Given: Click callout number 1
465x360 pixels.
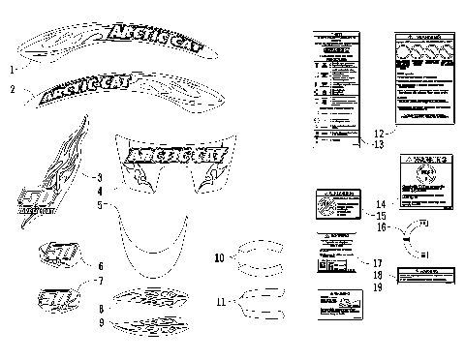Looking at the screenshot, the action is (12, 70).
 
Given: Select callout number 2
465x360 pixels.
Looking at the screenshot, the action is (13, 90).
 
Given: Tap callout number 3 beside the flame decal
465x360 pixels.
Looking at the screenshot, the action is (99, 177).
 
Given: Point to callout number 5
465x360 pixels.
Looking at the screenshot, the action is (99, 205).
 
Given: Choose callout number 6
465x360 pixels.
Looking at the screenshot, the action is (99, 264).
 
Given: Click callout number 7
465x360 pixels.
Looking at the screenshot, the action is (99, 281).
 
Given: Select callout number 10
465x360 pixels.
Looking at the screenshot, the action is (220, 257).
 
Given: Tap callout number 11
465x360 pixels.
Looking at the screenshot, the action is (222, 302).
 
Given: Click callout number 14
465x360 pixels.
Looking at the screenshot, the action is (381, 203).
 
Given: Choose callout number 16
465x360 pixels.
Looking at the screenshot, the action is (383, 227).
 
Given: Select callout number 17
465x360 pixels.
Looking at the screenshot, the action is (379, 262).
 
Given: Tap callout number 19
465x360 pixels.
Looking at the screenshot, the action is (379, 287).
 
